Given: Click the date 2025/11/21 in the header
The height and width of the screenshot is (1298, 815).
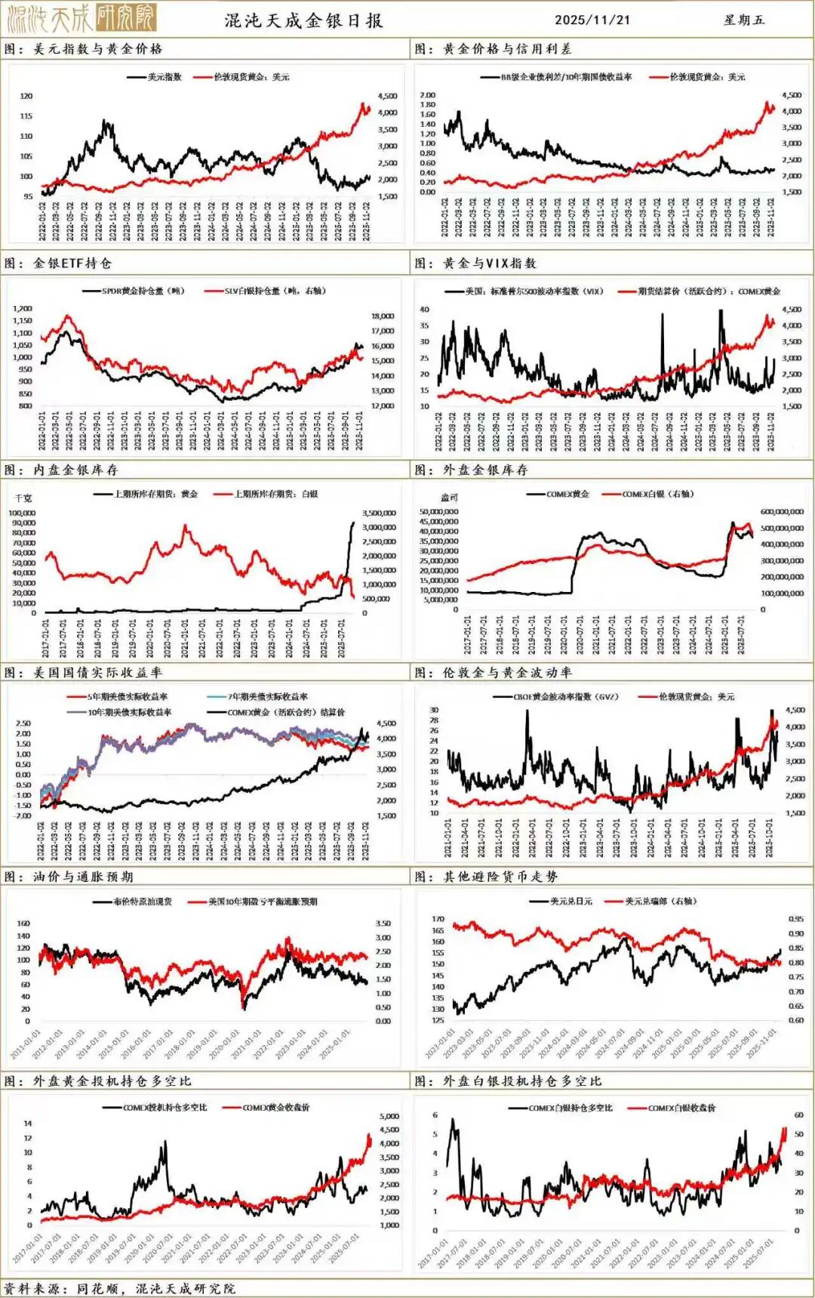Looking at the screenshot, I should tap(592, 20).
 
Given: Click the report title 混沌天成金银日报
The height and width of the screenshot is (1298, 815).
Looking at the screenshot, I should tap(303, 20).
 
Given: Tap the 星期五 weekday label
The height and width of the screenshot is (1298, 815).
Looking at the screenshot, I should tap(743, 20).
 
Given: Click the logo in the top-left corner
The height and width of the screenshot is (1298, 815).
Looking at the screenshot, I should tap(79, 19).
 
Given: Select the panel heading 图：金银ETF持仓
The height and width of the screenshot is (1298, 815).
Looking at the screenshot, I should tap(58, 263).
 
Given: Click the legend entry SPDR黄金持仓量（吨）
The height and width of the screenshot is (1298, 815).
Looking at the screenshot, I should tap(143, 291).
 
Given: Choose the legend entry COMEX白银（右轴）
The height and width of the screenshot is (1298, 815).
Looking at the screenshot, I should tap(657, 494).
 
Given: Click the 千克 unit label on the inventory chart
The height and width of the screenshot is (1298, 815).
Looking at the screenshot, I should tap(23, 498).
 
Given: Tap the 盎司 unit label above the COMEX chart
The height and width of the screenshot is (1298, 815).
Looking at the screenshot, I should tap(449, 498).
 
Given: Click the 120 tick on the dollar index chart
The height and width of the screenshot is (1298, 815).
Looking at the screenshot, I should tap(26, 97).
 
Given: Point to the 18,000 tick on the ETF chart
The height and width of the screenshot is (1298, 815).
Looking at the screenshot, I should tap(383, 316).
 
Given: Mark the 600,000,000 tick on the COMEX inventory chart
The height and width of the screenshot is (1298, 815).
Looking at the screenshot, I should tap(782, 512).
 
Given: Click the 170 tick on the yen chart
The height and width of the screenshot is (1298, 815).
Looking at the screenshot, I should tap(438, 920).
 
